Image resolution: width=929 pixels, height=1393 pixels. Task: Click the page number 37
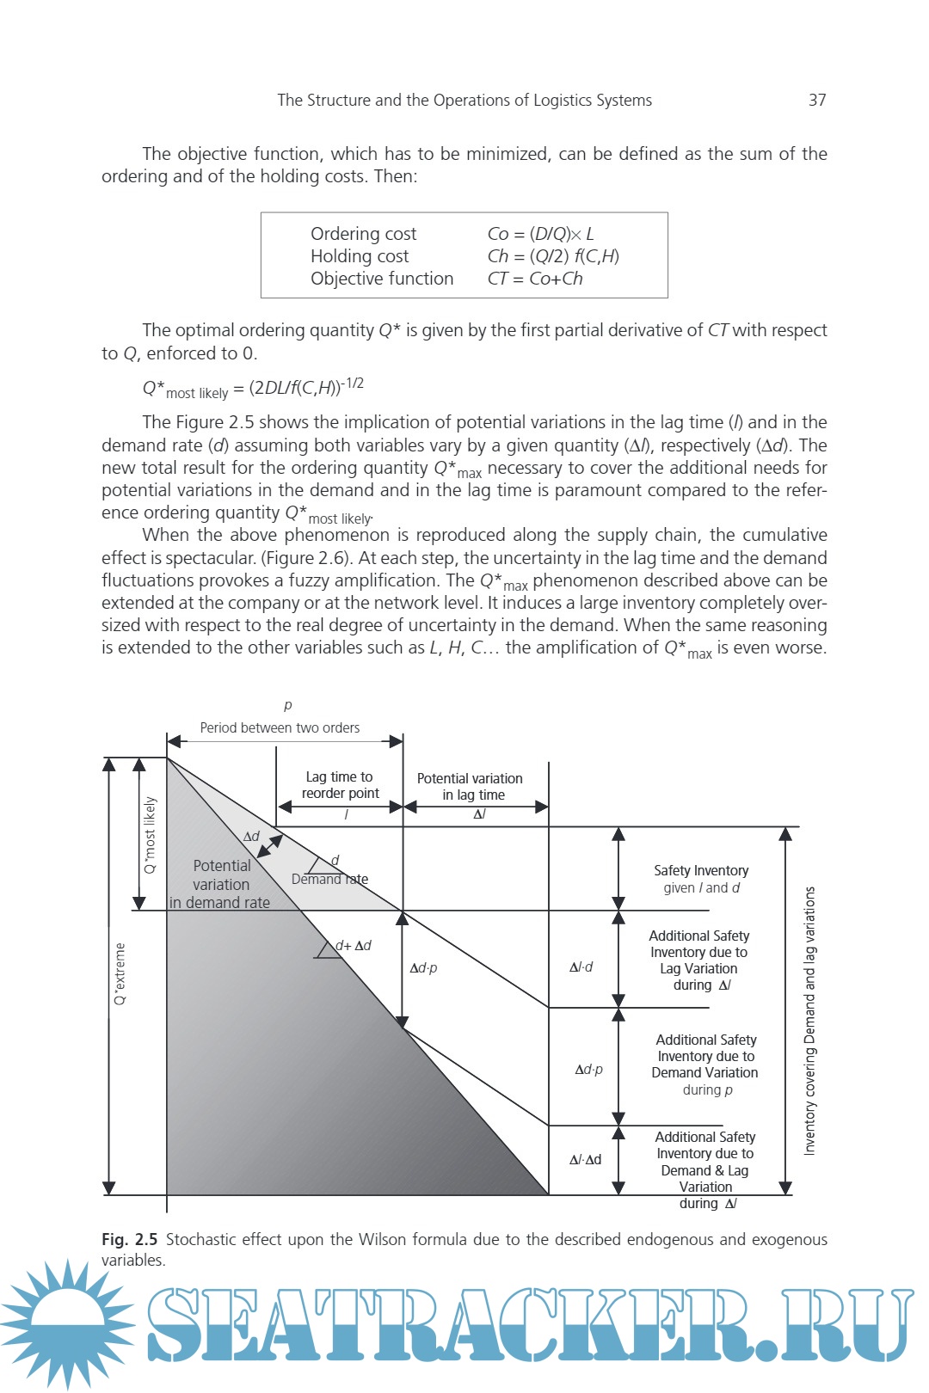(x=817, y=101)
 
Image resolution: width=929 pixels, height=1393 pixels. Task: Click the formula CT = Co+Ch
(x=534, y=279)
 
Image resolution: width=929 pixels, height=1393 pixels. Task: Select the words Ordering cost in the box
(x=363, y=234)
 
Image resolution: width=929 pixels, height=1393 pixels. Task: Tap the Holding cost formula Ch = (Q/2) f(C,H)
(x=553, y=256)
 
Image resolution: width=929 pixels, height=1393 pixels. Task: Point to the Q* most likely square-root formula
(x=253, y=389)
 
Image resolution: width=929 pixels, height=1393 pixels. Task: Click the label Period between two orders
(x=280, y=727)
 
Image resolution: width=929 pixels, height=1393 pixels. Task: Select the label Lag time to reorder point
(x=340, y=785)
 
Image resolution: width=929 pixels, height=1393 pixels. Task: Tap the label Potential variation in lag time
(x=470, y=787)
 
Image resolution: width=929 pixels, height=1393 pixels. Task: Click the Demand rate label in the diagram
(x=329, y=880)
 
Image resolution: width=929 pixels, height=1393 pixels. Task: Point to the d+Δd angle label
(x=353, y=946)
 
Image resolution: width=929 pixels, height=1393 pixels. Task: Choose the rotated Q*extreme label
(x=120, y=974)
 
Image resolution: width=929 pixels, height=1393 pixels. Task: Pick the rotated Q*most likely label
(x=151, y=835)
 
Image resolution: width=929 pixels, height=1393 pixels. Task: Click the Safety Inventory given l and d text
(x=701, y=879)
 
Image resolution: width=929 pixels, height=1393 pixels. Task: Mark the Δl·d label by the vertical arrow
(x=581, y=967)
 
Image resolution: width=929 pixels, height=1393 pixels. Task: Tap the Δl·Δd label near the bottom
(x=585, y=1160)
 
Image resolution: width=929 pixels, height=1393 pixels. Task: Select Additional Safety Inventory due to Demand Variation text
(x=705, y=1065)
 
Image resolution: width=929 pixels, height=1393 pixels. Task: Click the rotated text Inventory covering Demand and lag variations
(x=809, y=1021)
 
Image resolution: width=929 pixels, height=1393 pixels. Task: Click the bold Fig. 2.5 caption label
(x=129, y=1240)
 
